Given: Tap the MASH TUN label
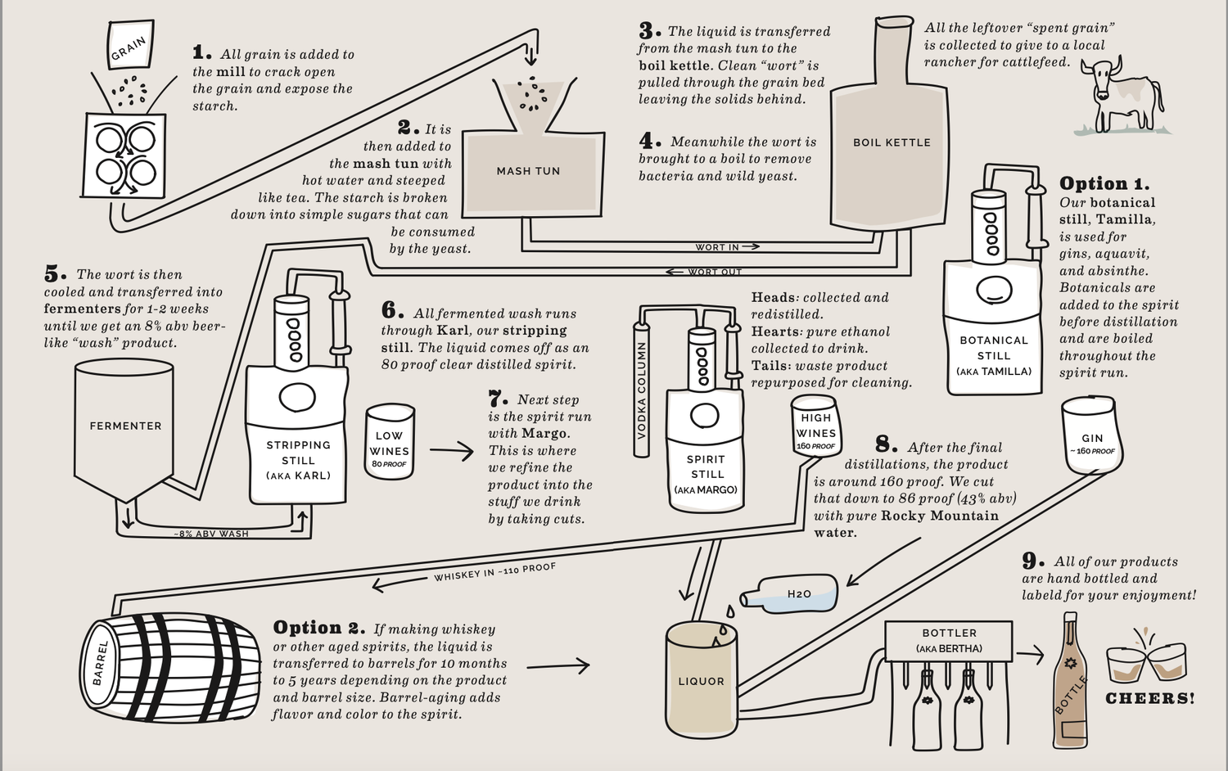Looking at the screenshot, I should tap(528, 171).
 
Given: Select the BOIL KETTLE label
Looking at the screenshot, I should tap(892, 142).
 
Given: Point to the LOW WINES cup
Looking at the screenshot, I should tap(389, 442).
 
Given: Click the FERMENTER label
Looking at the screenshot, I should tap(125, 426).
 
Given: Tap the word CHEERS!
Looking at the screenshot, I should tap(1149, 699).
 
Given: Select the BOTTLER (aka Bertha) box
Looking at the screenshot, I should tap(949, 640).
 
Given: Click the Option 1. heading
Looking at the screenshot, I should tap(1104, 183).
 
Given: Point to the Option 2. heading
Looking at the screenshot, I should tap(318, 628).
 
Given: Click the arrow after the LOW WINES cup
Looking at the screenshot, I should tap(451, 450).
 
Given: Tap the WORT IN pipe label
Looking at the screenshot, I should tap(717, 246).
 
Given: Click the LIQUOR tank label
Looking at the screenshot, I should tap(701, 681).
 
